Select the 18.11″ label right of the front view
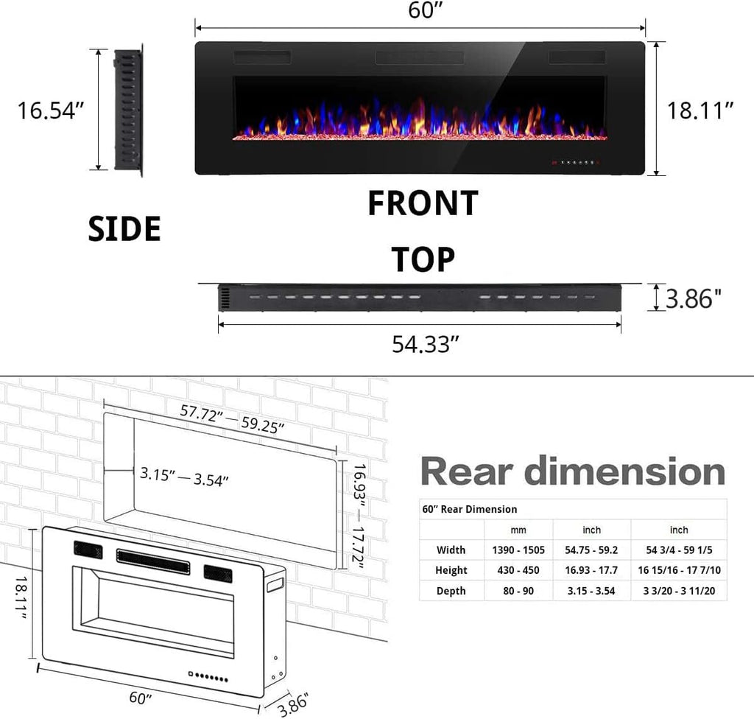click(x=700, y=111)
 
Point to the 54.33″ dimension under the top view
click(x=420, y=344)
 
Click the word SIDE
click(x=124, y=229)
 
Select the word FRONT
click(x=423, y=203)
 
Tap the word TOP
click(x=423, y=259)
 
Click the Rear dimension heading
click(x=573, y=471)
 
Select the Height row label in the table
click(x=451, y=570)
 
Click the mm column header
click(x=518, y=530)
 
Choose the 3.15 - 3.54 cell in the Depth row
click(x=591, y=591)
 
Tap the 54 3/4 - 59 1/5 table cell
click(x=679, y=550)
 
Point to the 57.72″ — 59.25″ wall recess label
click(x=232, y=420)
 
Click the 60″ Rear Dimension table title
click(x=471, y=509)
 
